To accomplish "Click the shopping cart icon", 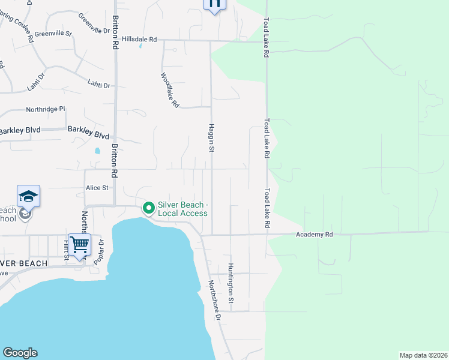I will click(x=79, y=245).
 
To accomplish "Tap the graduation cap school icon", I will click(x=28, y=196).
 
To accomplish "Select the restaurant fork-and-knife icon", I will click(x=214, y=3).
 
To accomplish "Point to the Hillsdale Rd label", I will click(x=139, y=39).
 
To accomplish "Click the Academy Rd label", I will click(x=313, y=234).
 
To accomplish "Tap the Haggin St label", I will click(x=211, y=138).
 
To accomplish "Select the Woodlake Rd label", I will click(x=170, y=90).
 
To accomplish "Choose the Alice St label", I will click(x=97, y=187).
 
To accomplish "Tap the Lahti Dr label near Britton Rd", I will click(x=98, y=85).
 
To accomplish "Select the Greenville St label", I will click(x=53, y=34).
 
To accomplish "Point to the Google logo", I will click(x=20, y=353).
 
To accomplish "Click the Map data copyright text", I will click(x=424, y=355).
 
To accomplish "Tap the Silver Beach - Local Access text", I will click(x=182, y=209).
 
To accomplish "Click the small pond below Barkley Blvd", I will click(x=97, y=151).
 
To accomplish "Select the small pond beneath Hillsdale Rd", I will click(x=140, y=46).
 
